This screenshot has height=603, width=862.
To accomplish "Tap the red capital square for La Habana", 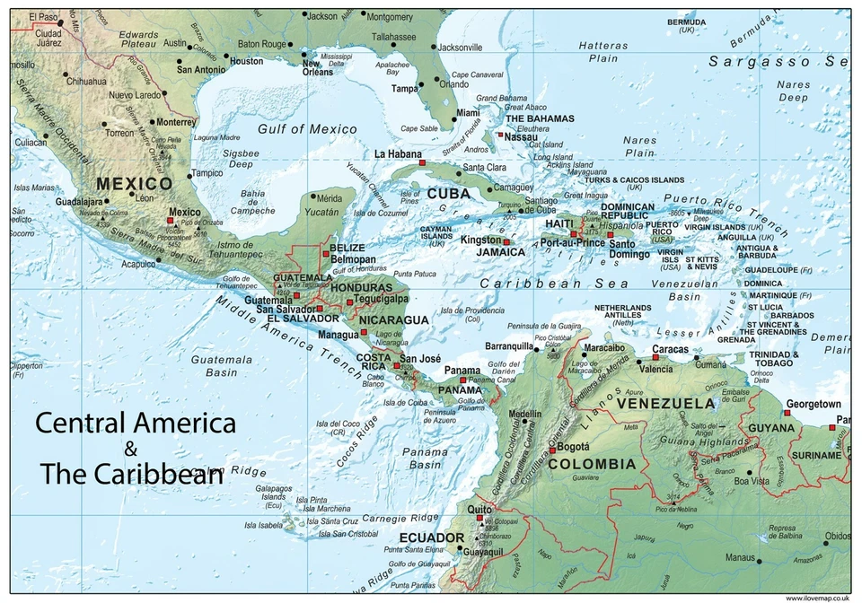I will (422, 163).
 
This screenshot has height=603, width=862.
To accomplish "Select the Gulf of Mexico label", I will (307, 129).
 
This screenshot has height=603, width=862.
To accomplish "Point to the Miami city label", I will (468, 113).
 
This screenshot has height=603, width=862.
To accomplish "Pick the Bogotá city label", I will (573, 446).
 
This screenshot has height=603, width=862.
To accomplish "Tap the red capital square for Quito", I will (480, 518).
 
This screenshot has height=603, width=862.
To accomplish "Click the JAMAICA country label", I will (500, 252).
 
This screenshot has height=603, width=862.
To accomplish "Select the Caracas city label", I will (670, 349).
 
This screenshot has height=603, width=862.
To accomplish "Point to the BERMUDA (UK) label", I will (687, 25).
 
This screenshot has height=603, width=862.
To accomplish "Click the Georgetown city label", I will (813, 405).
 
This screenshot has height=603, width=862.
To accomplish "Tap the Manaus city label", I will (741, 557).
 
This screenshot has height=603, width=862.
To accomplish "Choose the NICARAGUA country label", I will (393, 319).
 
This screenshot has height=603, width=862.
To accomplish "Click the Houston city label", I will (247, 61).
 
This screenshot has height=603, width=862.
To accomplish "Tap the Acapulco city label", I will (138, 264).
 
